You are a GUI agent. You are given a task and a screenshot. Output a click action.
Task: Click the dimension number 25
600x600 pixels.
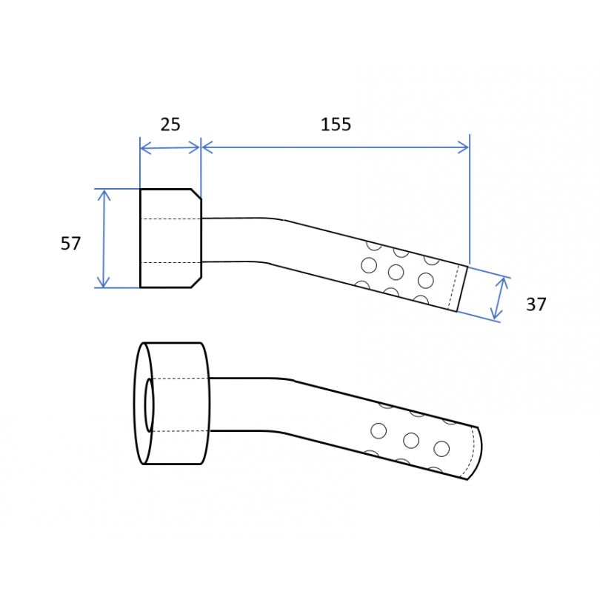tap(170, 124)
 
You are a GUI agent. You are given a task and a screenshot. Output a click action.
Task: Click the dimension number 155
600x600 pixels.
tap(336, 124)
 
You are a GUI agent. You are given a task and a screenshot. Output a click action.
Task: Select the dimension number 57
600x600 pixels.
tap(71, 244)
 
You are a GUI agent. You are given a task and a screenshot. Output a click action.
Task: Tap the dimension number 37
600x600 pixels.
tap(536, 304)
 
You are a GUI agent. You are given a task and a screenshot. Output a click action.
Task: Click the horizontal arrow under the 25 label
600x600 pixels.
tap(170, 147)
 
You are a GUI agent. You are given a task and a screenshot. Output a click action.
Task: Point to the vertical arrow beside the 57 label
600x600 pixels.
tap(104, 239)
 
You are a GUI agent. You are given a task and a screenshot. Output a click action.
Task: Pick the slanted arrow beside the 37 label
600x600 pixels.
tap(500, 299)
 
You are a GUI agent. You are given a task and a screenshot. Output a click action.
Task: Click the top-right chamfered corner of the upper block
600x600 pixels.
tap(196, 194)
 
